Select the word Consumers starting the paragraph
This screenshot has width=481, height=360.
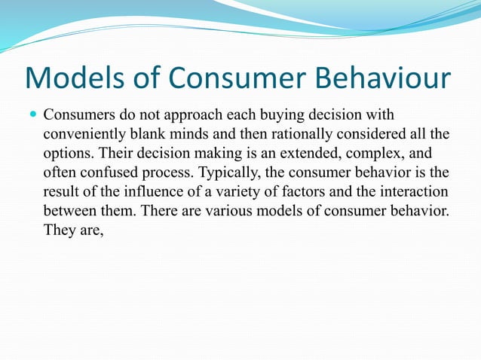pos(79,117)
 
